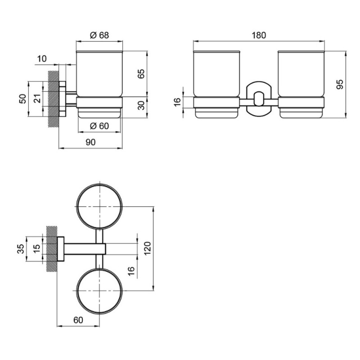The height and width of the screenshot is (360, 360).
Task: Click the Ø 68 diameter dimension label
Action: point(99,35)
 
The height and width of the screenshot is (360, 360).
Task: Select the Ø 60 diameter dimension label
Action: point(99,126)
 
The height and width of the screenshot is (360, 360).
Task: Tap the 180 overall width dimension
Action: point(259,35)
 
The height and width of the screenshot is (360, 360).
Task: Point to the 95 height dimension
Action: point(340,84)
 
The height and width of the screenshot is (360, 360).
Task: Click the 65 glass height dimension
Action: point(141,74)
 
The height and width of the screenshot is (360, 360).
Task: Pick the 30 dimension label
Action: point(142,105)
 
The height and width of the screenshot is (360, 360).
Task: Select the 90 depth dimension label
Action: point(90,142)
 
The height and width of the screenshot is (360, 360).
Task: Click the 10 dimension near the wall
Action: point(42,59)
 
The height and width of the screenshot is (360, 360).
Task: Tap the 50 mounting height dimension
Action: point(23,99)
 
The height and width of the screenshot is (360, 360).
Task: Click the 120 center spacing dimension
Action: point(147,248)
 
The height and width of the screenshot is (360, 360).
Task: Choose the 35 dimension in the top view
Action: point(21,249)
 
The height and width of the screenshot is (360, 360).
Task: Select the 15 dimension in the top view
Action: point(36,249)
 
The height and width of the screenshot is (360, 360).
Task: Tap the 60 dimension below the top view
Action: point(78,320)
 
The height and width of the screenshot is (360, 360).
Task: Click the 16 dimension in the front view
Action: point(177,102)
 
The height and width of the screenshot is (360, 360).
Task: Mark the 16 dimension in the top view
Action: point(130,271)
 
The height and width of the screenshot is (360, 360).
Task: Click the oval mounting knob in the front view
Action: point(259,99)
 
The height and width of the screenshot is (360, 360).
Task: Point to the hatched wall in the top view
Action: point(52,249)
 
